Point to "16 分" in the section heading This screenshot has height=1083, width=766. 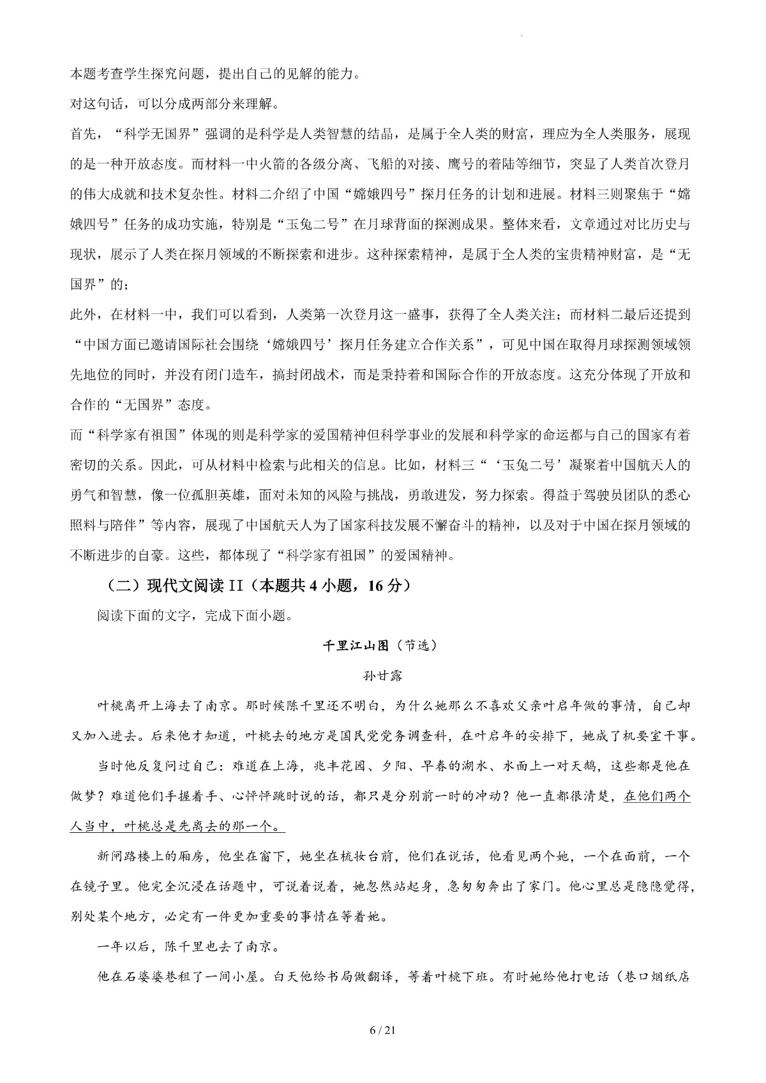[x=387, y=586]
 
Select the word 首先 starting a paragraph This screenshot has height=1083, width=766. [x=84, y=134]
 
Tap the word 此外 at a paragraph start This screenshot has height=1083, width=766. [x=84, y=314]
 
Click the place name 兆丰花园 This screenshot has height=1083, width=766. [x=356, y=766]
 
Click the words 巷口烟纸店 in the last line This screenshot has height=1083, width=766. [x=654, y=977]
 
